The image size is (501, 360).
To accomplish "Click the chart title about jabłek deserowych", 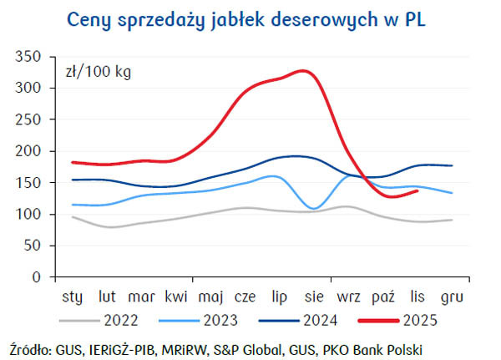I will [250, 18].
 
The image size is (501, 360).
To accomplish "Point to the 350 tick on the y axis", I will [34, 58].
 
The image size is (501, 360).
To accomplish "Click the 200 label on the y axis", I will [34, 151].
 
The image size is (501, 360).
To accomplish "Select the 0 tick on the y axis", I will [43, 276].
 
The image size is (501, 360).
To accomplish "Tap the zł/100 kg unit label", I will [98, 71].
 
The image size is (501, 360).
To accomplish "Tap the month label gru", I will [452, 296].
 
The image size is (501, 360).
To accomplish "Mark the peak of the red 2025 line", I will [302, 71].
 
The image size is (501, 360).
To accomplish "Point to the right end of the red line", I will [417, 190].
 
